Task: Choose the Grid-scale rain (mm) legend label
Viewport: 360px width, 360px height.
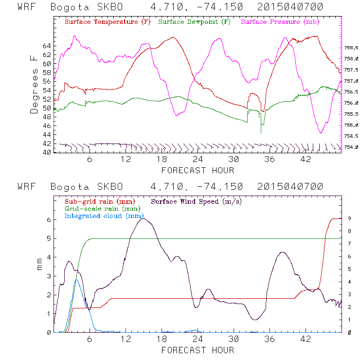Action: tap(99, 208)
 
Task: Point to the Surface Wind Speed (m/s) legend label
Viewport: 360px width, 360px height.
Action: tap(197, 201)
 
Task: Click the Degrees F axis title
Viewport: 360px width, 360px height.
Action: tap(34, 85)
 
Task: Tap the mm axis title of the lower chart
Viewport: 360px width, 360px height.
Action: tap(40, 266)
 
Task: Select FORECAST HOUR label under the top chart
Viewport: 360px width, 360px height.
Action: tap(198, 170)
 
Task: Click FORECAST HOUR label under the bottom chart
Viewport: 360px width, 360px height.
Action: tap(198, 350)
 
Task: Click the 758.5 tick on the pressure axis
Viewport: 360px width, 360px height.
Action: tap(351, 48)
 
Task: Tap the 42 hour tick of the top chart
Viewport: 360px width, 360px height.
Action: tap(305, 160)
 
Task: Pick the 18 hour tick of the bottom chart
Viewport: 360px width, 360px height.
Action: tap(162, 340)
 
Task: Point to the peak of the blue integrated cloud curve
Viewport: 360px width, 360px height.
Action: tap(76, 279)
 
